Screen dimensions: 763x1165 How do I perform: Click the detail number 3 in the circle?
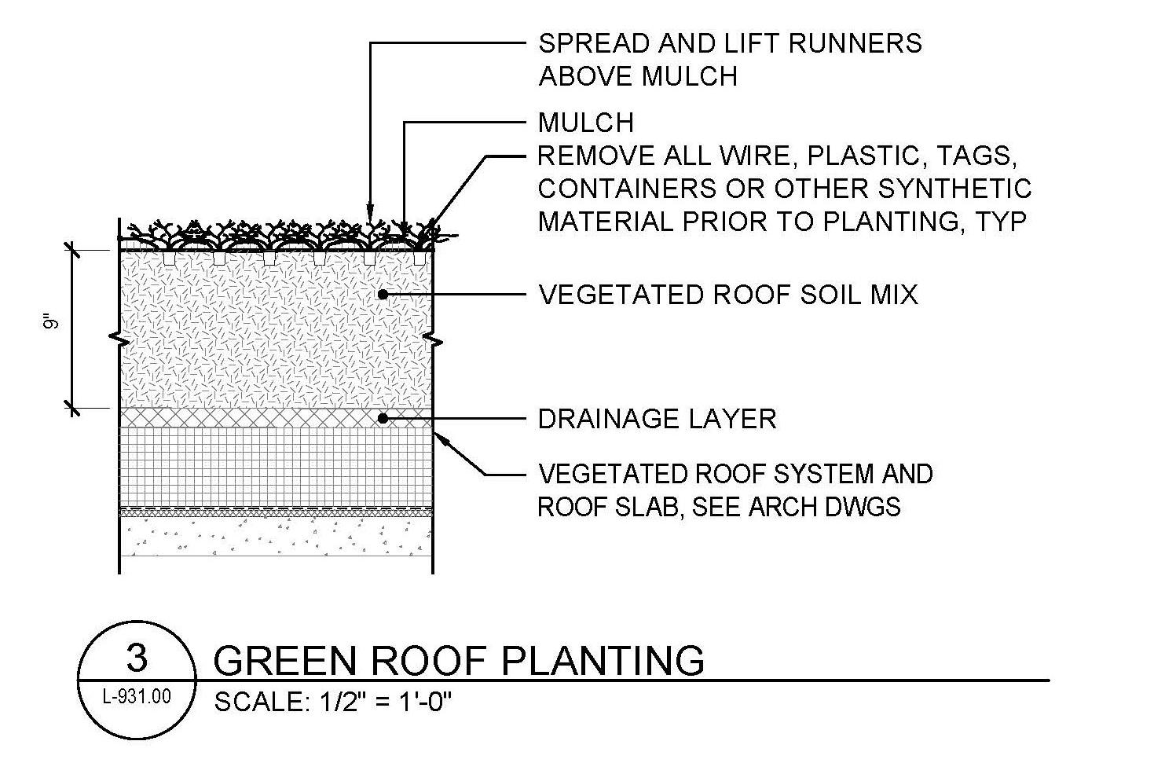[x=137, y=658]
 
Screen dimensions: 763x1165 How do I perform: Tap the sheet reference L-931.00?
[x=137, y=696]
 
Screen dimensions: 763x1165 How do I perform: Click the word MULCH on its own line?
[x=586, y=123]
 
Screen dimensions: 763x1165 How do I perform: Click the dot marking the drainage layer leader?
[x=383, y=419]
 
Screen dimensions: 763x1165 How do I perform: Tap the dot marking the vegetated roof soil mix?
[x=383, y=295]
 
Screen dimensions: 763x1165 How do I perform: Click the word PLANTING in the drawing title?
[x=603, y=661]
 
